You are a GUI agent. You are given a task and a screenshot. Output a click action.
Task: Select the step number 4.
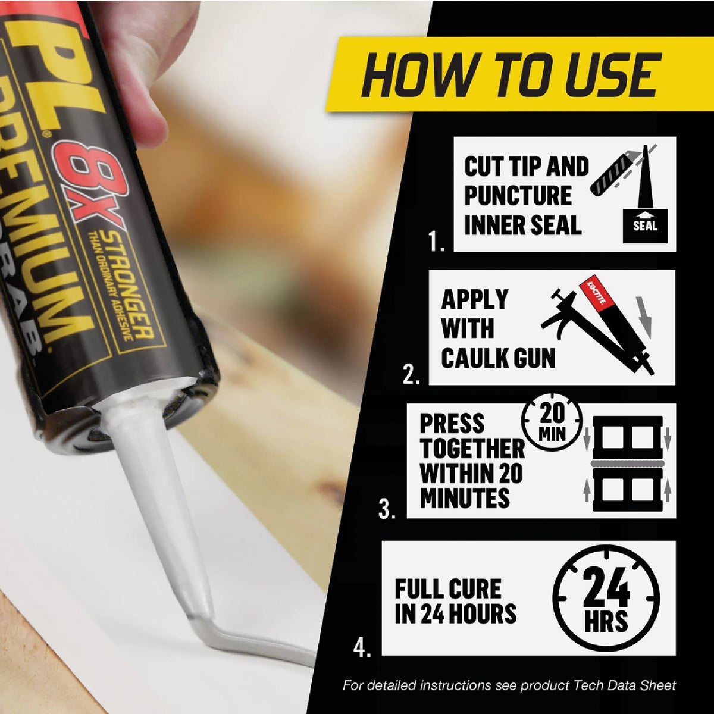[362, 647]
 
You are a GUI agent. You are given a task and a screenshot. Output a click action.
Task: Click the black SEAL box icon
[644, 226]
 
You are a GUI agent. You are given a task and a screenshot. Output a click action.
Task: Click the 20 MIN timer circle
[552, 421]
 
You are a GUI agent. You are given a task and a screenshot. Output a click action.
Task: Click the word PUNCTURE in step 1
[517, 196]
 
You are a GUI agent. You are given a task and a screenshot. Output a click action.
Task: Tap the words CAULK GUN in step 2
[498, 358]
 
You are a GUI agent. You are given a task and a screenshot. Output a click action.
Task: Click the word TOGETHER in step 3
[472, 449]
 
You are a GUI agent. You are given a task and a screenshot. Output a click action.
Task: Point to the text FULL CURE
[448, 589]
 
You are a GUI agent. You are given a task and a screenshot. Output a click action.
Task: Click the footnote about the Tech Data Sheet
[509, 685]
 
